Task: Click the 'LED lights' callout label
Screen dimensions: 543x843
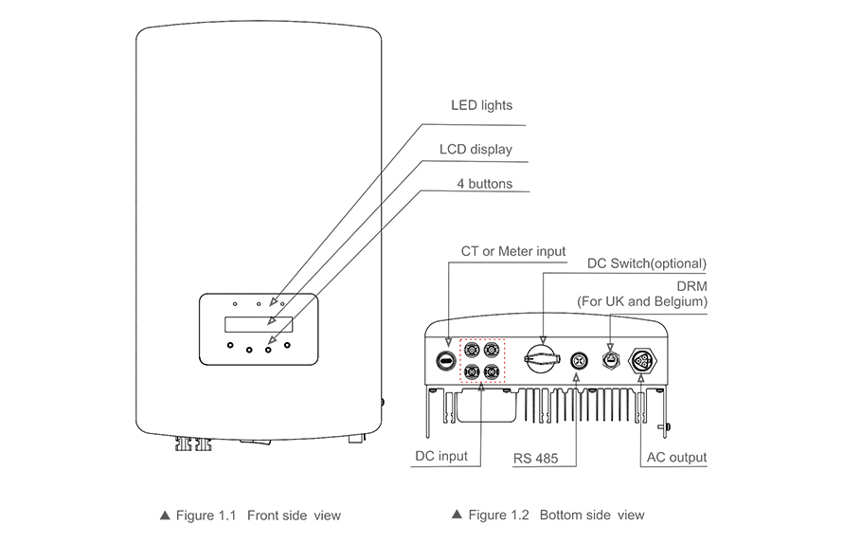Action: (480, 105)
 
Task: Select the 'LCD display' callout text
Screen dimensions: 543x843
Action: (475, 149)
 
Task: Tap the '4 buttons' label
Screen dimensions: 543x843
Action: (484, 184)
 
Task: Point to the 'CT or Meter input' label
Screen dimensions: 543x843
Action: (512, 251)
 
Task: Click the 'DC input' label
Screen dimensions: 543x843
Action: (441, 456)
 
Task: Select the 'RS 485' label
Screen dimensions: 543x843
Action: (535, 459)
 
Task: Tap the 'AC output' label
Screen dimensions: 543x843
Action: (674, 458)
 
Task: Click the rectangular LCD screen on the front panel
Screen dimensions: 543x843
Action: (259, 324)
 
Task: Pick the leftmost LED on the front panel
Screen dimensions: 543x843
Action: (236, 305)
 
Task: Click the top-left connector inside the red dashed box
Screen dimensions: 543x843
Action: (473, 350)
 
